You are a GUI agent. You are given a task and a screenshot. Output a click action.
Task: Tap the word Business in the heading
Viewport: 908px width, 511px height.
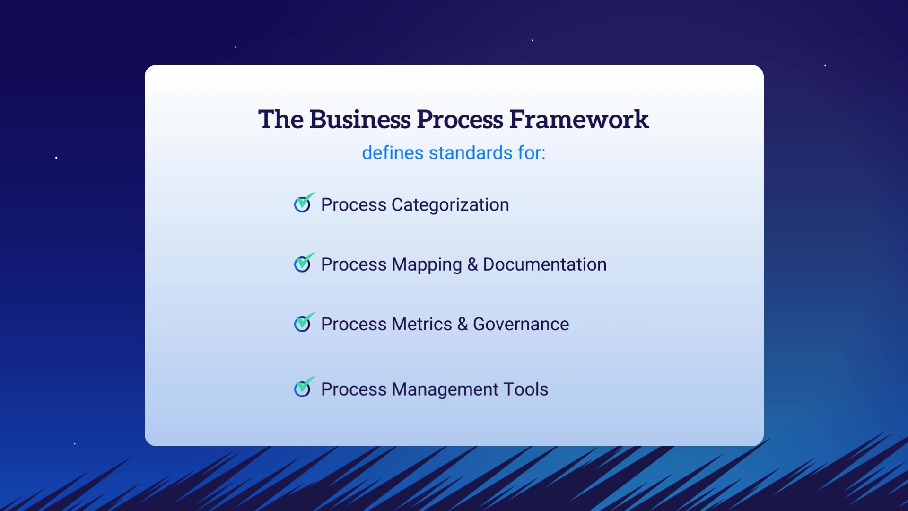(x=360, y=119)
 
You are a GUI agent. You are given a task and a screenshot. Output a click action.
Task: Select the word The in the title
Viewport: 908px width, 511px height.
(x=281, y=119)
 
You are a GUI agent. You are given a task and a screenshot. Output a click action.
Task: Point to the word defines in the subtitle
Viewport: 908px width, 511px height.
(x=393, y=153)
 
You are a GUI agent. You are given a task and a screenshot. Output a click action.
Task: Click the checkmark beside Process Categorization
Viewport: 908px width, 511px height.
(x=304, y=203)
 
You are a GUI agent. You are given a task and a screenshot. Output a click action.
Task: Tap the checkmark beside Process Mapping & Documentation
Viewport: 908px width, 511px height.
(x=304, y=263)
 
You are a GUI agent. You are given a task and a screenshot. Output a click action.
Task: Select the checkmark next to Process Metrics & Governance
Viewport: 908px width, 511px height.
(x=304, y=322)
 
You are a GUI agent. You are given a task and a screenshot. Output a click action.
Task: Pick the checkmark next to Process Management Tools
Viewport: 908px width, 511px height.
(x=304, y=387)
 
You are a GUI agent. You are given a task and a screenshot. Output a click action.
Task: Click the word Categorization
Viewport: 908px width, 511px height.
(x=450, y=205)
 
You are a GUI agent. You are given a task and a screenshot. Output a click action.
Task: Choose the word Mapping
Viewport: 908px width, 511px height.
(x=427, y=265)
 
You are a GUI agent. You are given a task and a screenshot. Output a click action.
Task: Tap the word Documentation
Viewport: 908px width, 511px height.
(x=544, y=264)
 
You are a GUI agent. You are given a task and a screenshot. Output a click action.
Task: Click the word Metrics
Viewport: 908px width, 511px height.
(x=422, y=324)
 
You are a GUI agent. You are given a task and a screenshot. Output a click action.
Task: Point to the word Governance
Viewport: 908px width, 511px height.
(x=521, y=324)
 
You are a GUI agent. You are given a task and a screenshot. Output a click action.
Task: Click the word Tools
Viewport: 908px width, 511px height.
(x=526, y=389)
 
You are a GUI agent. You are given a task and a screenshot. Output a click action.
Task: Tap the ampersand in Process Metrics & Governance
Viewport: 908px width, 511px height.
(x=463, y=324)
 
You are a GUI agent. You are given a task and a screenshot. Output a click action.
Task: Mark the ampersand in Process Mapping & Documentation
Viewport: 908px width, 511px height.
(x=472, y=264)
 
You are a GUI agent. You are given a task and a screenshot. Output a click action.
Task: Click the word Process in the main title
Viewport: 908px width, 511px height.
(x=460, y=119)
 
